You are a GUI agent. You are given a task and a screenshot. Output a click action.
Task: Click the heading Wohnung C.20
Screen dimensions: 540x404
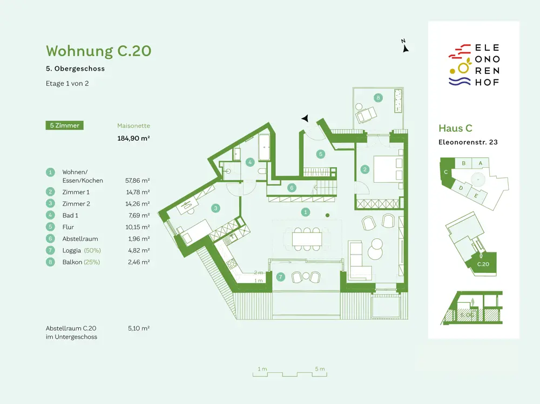click(x=98, y=51)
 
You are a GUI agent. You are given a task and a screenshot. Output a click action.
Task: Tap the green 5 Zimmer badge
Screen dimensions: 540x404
click(x=64, y=126)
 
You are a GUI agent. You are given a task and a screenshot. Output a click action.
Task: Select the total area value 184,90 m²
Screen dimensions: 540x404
click(x=133, y=138)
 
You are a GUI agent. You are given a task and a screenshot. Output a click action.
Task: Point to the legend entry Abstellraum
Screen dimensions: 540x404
click(x=80, y=238)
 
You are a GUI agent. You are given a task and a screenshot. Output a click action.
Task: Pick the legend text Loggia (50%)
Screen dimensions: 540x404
click(x=82, y=250)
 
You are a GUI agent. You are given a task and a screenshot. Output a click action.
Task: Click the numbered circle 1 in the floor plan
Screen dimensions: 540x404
click(x=306, y=213)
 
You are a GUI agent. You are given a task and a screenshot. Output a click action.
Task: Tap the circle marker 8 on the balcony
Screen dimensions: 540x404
click(x=378, y=98)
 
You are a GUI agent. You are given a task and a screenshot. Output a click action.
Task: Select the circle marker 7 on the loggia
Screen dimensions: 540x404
click(x=280, y=277)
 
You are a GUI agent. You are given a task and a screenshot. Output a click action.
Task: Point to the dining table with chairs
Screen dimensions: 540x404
click(x=307, y=237)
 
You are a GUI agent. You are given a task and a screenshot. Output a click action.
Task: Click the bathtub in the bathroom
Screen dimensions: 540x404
click(x=265, y=148)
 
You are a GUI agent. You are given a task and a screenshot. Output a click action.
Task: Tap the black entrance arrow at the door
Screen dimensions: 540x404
click(x=306, y=118)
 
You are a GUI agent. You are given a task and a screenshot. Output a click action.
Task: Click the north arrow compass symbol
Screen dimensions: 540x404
click(x=405, y=47)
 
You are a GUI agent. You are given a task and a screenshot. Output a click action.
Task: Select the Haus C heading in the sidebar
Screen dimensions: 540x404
click(x=455, y=128)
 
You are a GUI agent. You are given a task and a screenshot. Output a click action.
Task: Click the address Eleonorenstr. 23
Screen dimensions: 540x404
click(x=468, y=142)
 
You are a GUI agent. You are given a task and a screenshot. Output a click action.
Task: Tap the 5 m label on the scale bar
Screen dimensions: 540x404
click(x=320, y=369)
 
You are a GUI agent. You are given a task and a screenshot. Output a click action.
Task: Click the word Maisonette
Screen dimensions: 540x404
click(x=133, y=126)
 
